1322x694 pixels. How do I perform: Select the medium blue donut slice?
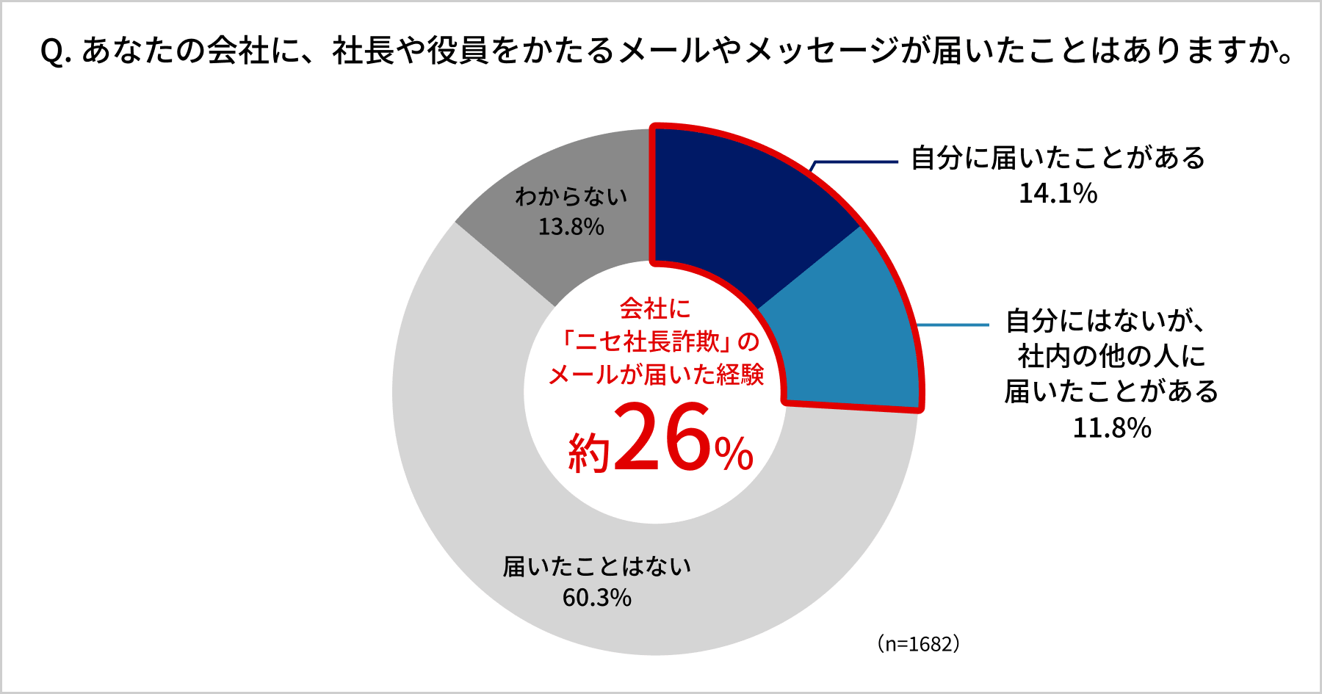[845, 330]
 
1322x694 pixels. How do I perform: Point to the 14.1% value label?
[1058, 194]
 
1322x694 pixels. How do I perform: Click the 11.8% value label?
[1112, 428]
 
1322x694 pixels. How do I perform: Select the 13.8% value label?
[571, 227]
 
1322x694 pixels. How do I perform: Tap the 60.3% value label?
[596, 598]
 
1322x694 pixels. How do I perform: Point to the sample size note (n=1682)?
[918, 644]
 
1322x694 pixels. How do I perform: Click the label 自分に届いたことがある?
[1058, 158]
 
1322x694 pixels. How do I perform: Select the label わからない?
[571, 196]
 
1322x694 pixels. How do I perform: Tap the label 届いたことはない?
[596, 566]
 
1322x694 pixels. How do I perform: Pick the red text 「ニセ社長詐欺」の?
[657, 341]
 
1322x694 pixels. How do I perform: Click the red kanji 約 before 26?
[589, 452]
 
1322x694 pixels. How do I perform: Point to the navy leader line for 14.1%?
[856, 162]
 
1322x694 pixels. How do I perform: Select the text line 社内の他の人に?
[1112, 357]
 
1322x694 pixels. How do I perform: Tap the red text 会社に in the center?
[655, 308]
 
